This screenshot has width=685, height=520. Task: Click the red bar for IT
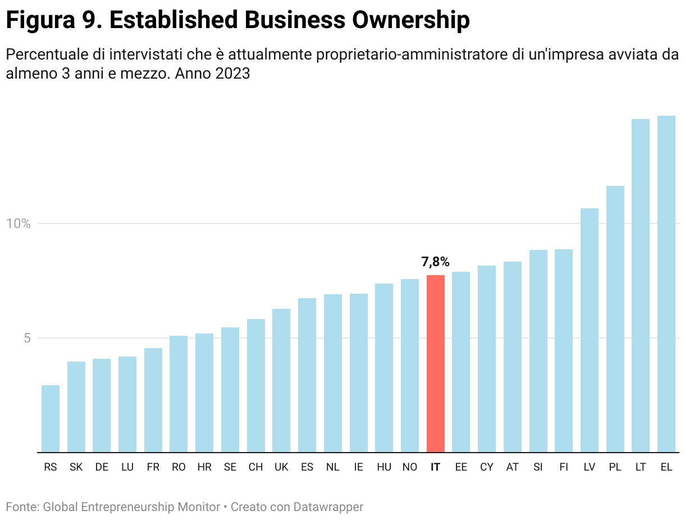tap(435, 363)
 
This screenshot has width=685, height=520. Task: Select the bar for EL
tap(666, 284)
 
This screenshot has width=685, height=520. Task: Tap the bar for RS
tap(51, 418)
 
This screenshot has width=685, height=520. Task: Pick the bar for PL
tap(615, 318)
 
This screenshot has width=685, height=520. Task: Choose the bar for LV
tap(589, 330)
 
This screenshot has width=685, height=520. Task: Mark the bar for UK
tap(281, 380)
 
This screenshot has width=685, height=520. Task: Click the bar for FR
tap(153, 400)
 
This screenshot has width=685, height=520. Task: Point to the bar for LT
tap(640, 285)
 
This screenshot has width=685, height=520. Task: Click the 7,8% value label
tap(435, 262)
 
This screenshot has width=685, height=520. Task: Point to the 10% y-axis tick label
tap(17, 223)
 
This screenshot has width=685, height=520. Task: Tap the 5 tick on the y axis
tap(26, 338)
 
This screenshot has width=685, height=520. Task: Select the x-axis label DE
tap(102, 467)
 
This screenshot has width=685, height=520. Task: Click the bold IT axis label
tap(435, 467)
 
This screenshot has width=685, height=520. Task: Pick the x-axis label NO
tap(409, 467)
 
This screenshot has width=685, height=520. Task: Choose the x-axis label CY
tap(487, 467)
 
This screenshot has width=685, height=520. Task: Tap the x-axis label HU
tap(384, 467)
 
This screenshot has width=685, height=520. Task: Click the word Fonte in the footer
tap(21, 507)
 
